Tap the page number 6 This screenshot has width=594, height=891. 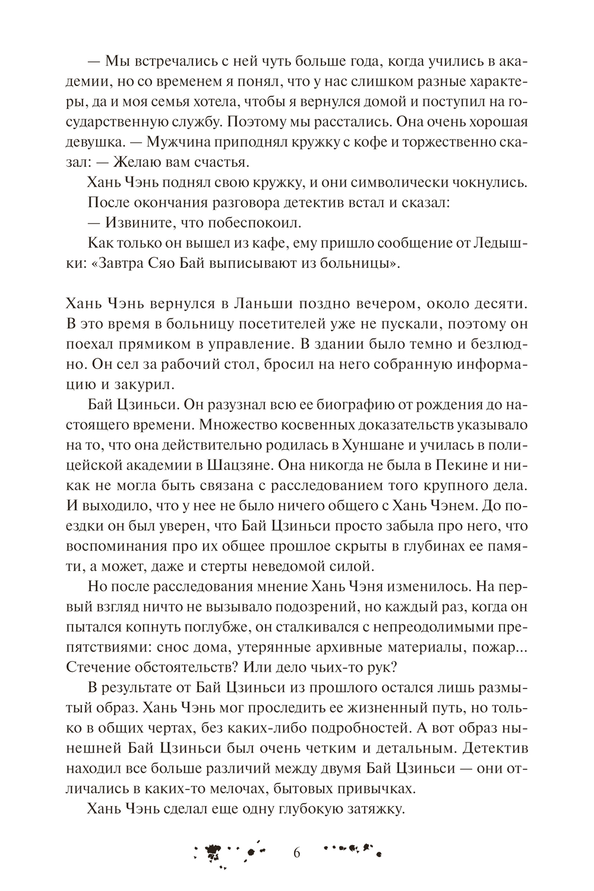click(x=297, y=853)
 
